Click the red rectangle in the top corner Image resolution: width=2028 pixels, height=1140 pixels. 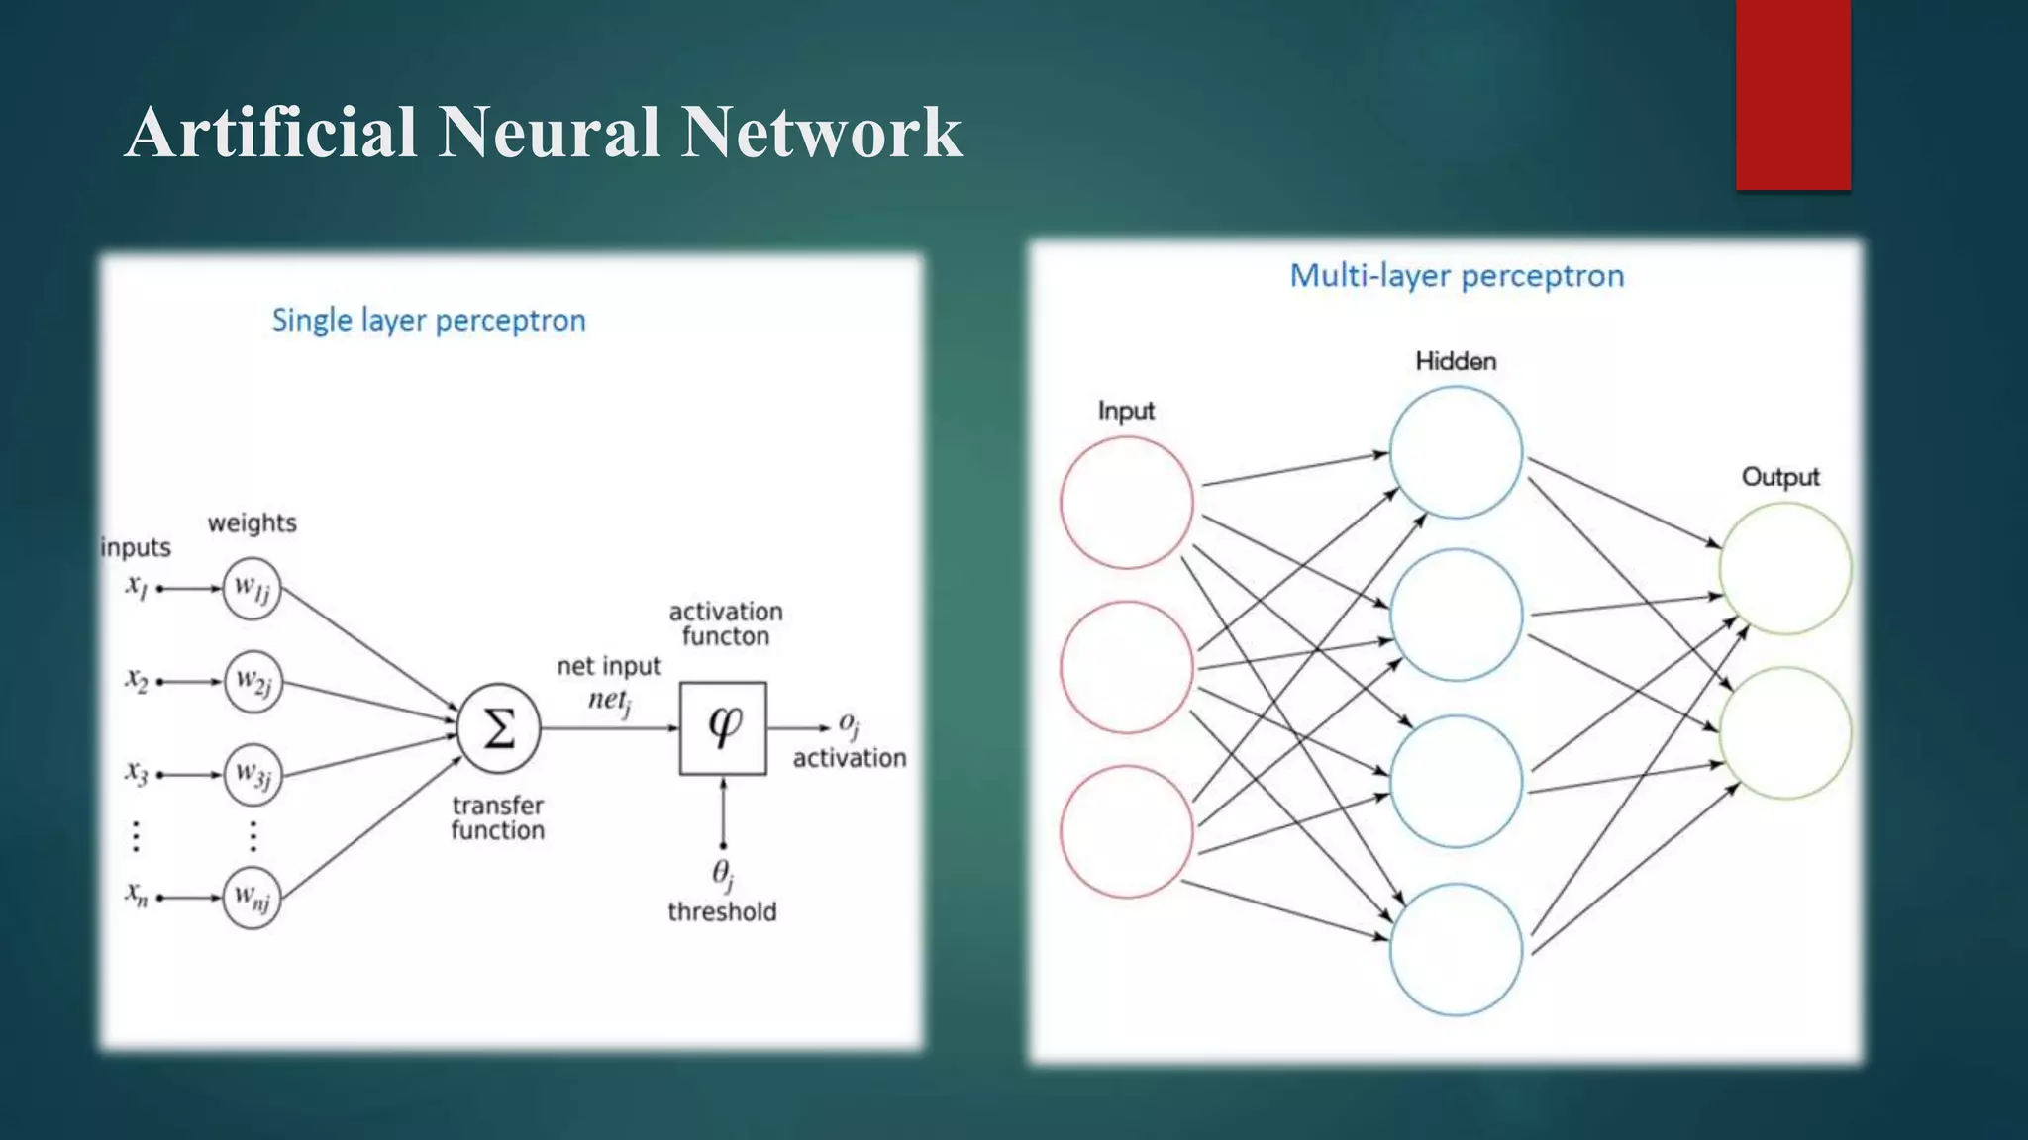tap(1792, 94)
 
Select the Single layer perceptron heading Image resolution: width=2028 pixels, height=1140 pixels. tap(429, 321)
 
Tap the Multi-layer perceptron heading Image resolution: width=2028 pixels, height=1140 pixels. tap(1457, 275)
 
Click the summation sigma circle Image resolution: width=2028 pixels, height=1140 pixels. tap(499, 728)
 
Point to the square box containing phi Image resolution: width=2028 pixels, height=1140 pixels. tap(723, 727)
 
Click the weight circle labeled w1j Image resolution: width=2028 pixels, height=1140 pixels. tap(252, 589)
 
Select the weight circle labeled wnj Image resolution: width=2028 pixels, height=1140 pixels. tap(252, 898)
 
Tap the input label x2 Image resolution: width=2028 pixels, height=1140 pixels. tap(137, 680)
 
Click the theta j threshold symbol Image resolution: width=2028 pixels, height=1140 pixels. tap(723, 873)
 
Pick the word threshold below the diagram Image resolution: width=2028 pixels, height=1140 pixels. tap(722, 911)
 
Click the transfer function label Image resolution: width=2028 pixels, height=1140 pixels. tap(497, 817)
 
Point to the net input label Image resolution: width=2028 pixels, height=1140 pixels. tap(608, 666)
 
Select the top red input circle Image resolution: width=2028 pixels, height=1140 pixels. tap(1126, 503)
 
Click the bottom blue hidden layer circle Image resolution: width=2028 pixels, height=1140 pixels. tap(1456, 949)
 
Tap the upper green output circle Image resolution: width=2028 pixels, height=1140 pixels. tap(1784, 568)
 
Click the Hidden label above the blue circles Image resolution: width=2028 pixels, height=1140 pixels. tap(1456, 361)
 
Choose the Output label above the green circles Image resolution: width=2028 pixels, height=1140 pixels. tap(1780, 477)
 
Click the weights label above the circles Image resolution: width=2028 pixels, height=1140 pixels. tap(252, 522)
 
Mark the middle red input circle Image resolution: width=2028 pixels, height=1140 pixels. tap(1126, 667)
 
